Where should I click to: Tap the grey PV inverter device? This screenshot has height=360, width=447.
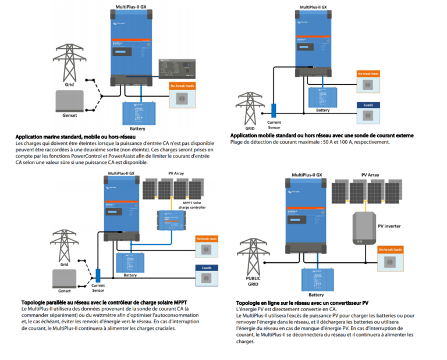pyautogui.click(x=363, y=227)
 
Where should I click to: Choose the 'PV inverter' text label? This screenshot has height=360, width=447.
pyautogui.click(x=389, y=226)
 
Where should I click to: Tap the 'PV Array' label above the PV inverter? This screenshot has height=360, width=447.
pyautogui.click(x=370, y=174)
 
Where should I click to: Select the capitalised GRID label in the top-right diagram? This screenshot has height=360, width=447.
pyautogui.click(x=250, y=129)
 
